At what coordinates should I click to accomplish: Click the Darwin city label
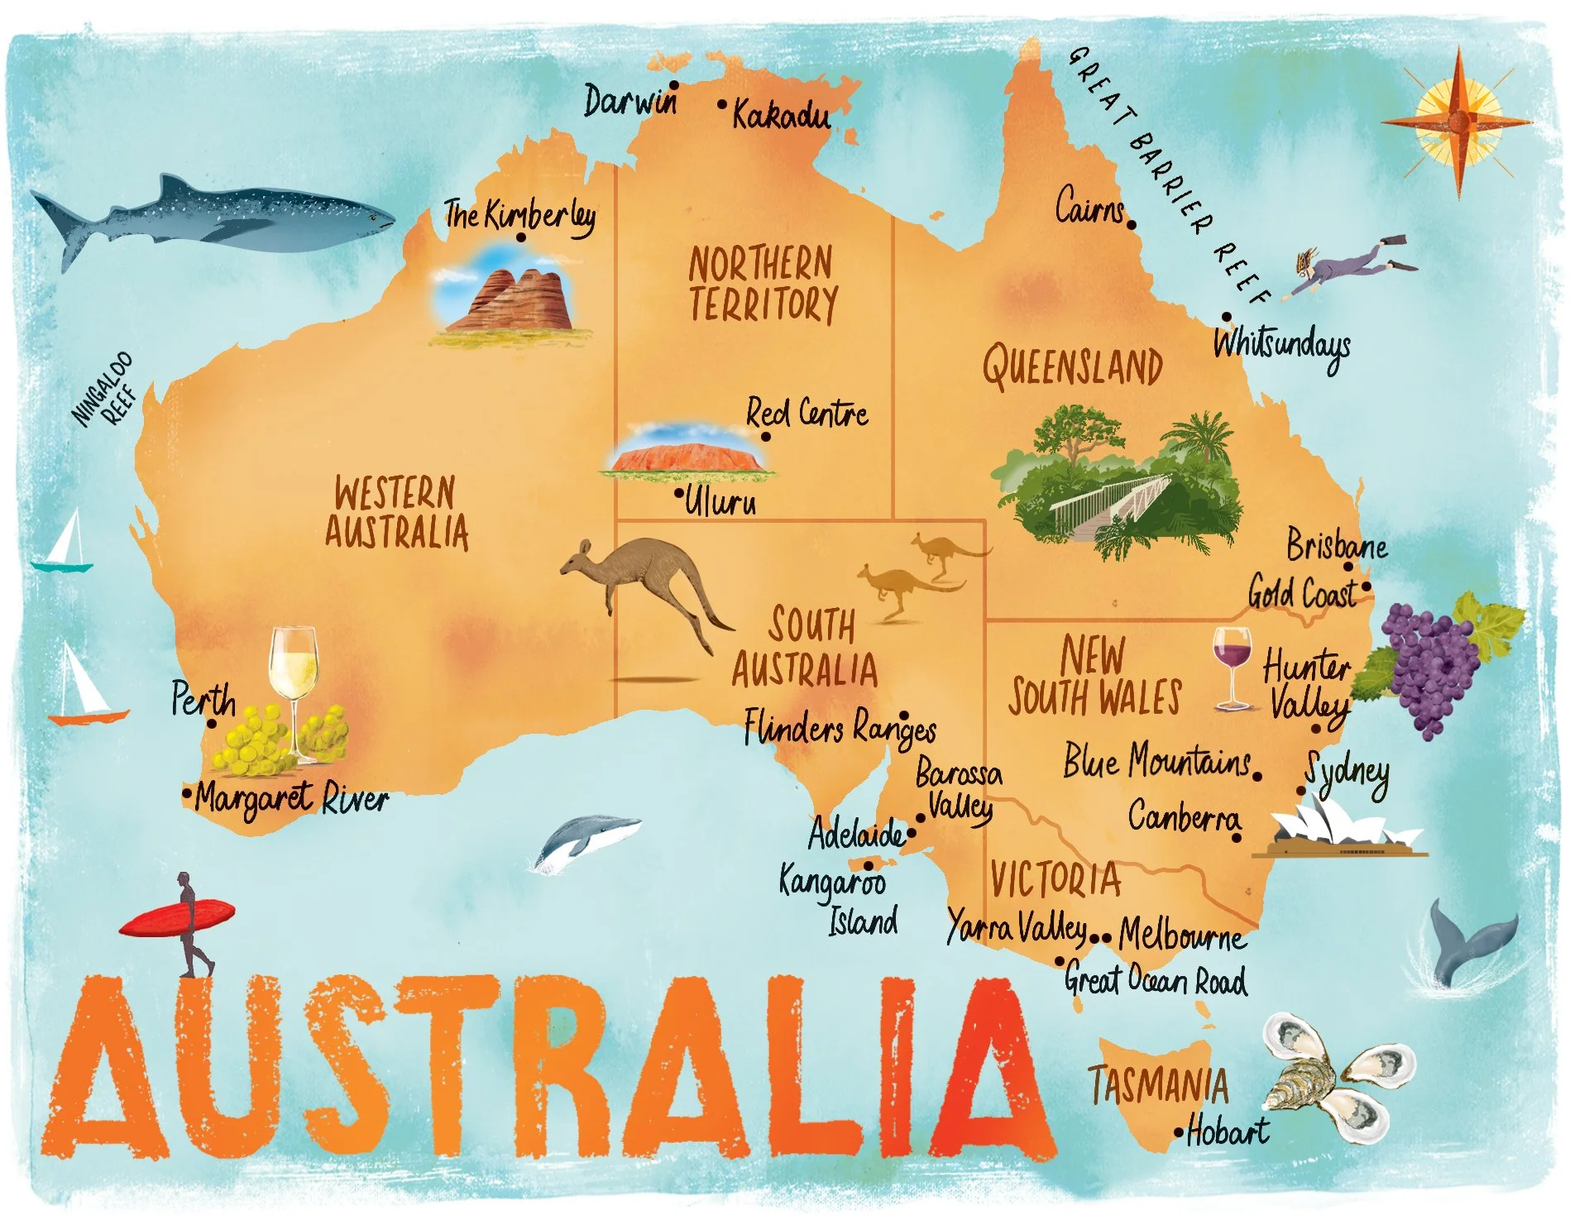tap(629, 102)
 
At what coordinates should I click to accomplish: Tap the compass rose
tap(1458, 122)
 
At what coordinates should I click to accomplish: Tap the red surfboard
tap(177, 917)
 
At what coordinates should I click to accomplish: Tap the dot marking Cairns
tap(1131, 224)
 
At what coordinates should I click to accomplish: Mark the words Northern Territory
tap(762, 284)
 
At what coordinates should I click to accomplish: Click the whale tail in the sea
tap(1467, 939)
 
